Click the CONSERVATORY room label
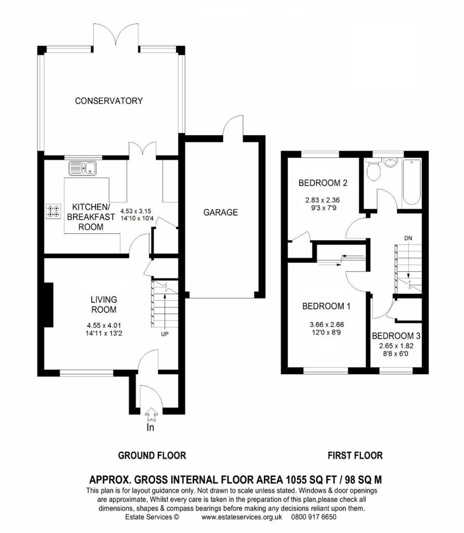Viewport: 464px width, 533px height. (109, 100)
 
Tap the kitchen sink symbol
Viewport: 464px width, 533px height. (83, 168)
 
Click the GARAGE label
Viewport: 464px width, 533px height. (220, 212)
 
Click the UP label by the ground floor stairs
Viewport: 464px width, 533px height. (165, 334)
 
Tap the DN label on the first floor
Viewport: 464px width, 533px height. (408, 238)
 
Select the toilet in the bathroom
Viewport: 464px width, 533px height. (373, 170)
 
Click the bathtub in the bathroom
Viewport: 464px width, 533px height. (412, 182)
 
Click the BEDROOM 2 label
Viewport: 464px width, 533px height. (323, 183)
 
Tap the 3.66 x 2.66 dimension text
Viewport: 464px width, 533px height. (327, 325)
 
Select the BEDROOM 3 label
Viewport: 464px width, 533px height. (396, 336)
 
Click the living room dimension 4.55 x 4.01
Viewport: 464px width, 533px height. (104, 326)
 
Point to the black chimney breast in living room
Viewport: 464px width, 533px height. (48, 305)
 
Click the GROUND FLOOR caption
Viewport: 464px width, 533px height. (152, 455)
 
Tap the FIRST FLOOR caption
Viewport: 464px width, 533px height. (355, 455)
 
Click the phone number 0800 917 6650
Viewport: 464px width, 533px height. (313, 517)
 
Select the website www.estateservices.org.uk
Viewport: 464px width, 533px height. (242, 517)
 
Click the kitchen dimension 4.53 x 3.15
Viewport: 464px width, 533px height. (136, 211)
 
